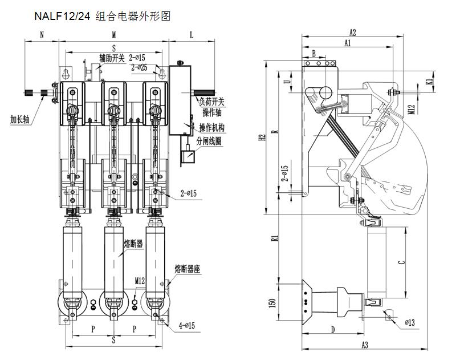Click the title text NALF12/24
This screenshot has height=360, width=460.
click(x=61, y=17)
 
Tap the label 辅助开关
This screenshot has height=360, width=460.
click(x=112, y=58)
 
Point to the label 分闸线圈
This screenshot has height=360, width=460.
click(x=210, y=140)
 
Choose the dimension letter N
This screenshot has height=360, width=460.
click(x=42, y=35)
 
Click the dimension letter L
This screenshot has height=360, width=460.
click(x=191, y=35)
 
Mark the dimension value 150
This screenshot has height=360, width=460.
click(x=272, y=302)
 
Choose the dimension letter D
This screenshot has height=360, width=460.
click(x=332, y=329)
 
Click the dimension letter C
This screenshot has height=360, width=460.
click(x=401, y=262)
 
